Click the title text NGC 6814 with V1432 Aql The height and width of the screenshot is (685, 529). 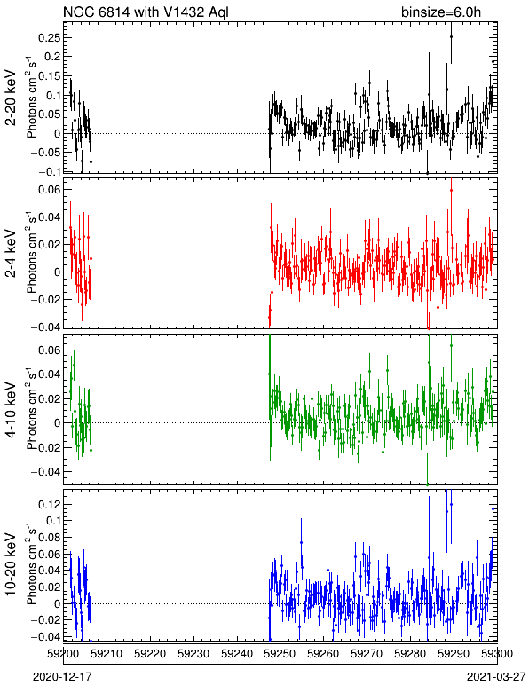click(146, 12)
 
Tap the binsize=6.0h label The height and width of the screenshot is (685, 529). click(441, 12)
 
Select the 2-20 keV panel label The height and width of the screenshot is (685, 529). click(11, 98)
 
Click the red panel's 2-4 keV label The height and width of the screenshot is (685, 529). click(11, 254)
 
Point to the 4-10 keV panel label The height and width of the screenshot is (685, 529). click(11, 410)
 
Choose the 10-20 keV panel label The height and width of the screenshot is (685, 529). click(11, 564)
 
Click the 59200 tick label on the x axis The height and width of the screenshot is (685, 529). click(64, 654)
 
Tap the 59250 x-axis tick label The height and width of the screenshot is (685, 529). click(280, 654)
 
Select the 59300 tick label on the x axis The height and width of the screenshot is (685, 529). click(498, 654)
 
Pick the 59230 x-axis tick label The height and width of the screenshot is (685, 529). click(194, 654)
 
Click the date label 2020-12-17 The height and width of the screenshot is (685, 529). click(62, 677)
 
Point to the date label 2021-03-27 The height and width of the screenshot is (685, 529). click(496, 677)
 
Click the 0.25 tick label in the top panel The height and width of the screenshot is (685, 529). click(49, 37)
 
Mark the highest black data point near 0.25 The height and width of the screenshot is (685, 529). click(451, 37)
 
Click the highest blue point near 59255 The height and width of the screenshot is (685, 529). click(301, 542)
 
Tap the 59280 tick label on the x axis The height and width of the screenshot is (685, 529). click(411, 654)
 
